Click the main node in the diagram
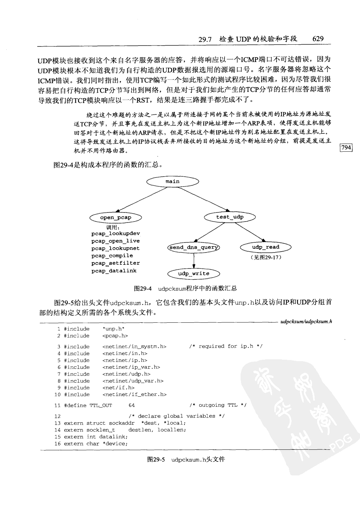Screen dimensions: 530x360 coord(172,181)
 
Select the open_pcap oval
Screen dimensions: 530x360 coord(116,218)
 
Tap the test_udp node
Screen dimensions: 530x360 coord(230,217)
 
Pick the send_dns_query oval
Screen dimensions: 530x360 coord(194,247)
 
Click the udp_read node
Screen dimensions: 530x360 coord(266,247)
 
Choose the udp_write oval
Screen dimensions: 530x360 coord(193,274)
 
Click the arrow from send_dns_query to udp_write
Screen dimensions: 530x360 coord(193,260)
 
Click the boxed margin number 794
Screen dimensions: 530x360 coord(346,147)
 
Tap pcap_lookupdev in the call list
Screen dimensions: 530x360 coord(116,233)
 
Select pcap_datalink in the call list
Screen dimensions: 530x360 coord(114,271)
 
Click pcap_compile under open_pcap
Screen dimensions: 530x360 coord(112,256)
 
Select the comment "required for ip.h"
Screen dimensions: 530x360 coord(226,346)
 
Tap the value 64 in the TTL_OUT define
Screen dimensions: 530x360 coord(132,405)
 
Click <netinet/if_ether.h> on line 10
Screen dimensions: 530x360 coord(134,395)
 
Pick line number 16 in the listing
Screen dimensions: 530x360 coord(57,444)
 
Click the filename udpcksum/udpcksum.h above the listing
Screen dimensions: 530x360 coord(306,322)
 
